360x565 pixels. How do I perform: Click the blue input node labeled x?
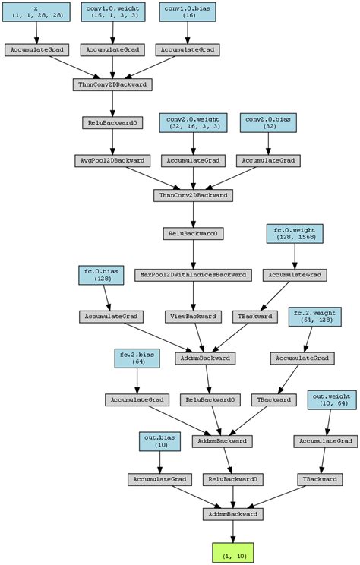click(x=36, y=11)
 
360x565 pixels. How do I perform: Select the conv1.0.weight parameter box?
click(x=113, y=11)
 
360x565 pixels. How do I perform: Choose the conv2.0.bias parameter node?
click(x=269, y=123)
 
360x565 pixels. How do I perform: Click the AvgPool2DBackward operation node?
click(x=113, y=161)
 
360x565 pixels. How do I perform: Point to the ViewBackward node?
click(x=192, y=317)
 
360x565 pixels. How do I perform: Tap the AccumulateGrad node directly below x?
click(x=36, y=49)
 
